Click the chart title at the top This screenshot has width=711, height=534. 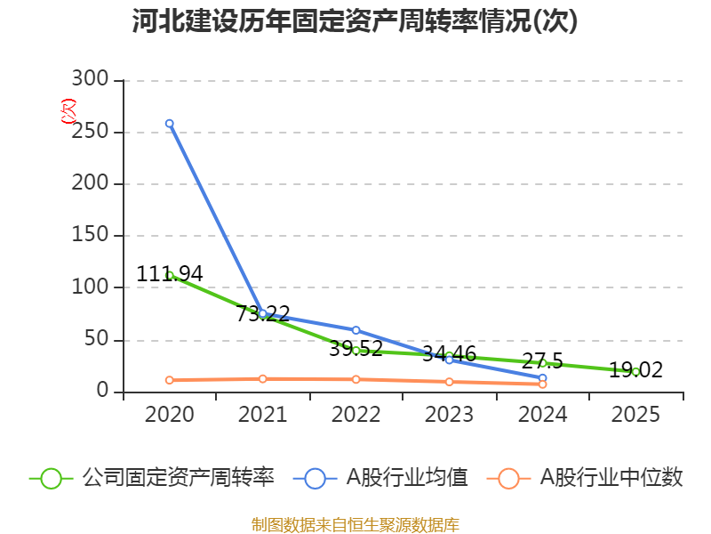tap(355, 21)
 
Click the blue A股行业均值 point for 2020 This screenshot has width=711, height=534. tap(169, 124)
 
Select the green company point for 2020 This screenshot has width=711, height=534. tap(169, 275)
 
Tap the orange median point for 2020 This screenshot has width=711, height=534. tap(169, 380)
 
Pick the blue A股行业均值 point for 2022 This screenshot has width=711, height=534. tap(355, 330)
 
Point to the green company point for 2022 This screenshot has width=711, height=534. tap(355, 351)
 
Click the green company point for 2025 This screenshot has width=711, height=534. tap(635, 371)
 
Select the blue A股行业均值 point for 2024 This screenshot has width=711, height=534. tap(542, 378)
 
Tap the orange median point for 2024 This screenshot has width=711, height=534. tap(542, 384)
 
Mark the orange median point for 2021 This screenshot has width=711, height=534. tap(262, 378)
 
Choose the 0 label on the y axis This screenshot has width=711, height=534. tap(103, 392)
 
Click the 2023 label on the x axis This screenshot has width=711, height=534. tap(449, 415)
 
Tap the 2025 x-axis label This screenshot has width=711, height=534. tap(635, 415)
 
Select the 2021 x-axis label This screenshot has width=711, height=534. tap(262, 415)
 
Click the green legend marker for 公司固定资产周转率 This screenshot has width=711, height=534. tap(51, 478)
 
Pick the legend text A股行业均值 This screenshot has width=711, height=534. tap(406, 478)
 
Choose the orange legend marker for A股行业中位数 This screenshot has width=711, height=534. tap(508, 478)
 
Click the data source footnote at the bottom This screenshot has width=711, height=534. tap(355, 524)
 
